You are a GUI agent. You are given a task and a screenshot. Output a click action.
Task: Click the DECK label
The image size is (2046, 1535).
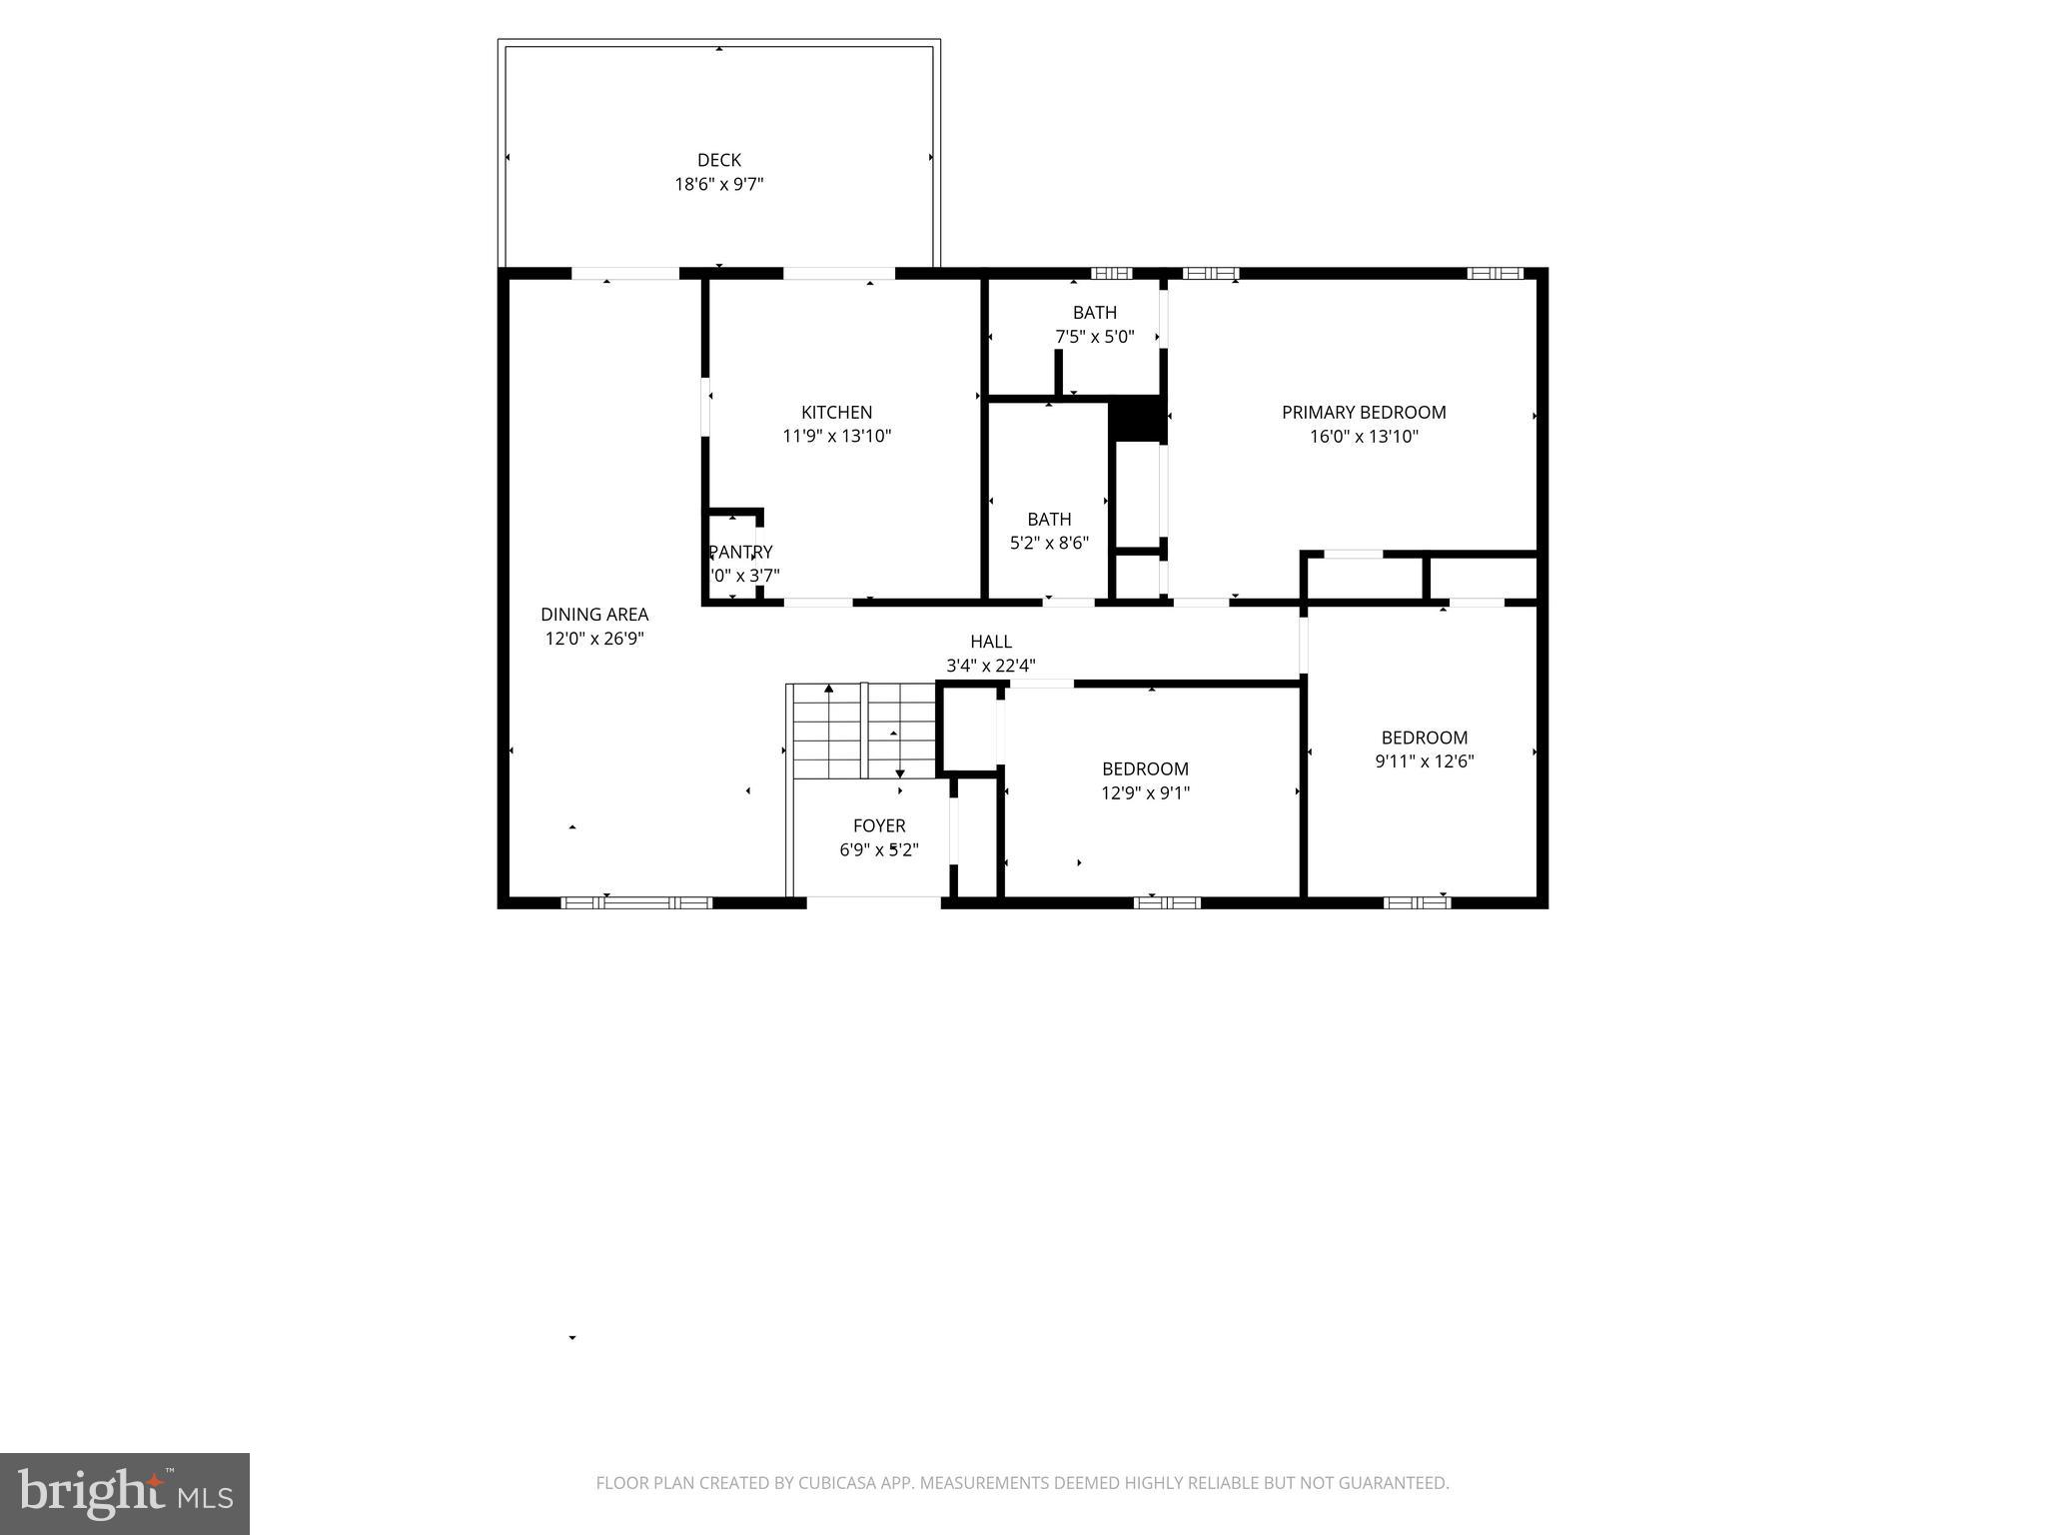[x=718, y=160]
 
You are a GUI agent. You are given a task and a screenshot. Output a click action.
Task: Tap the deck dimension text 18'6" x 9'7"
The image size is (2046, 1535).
[x=718, y=184]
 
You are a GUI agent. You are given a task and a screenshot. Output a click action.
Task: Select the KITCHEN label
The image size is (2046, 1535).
[x=836, y=412]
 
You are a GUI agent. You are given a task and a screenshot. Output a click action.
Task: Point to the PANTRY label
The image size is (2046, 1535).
[x=740, y=552]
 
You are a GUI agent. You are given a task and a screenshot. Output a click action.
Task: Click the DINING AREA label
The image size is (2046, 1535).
[x=594, y=615]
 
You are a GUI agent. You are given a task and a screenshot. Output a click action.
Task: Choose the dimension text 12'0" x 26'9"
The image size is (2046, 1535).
[x=594, y=639]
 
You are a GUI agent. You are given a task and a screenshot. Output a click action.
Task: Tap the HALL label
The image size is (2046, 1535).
[x=990, y=642]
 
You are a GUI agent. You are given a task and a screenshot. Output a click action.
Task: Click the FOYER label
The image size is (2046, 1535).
[x=879, y=825]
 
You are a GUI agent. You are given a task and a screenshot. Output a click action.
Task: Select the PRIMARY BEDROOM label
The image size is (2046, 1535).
[x=1364, y=412]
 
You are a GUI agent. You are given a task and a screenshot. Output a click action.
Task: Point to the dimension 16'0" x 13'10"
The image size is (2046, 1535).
[x=1364, y=436]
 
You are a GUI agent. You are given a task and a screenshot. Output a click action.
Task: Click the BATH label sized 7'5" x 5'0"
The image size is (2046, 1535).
[x=1094, y=313]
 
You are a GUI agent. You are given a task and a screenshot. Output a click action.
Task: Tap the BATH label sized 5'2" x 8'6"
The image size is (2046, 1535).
[x=1049, y=519]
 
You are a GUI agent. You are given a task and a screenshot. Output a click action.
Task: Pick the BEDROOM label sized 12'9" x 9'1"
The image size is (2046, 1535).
[x=1145, y=768]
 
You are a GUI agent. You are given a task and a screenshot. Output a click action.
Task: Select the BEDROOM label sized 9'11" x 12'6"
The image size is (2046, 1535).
[x=1424, y=738]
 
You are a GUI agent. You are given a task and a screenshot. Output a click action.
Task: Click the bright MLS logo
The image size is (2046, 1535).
[x=125, y=1493]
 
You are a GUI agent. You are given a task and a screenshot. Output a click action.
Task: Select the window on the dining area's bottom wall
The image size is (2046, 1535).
[x=636, y=902]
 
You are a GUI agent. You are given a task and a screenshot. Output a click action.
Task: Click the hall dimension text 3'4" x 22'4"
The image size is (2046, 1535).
[x=990, y=666]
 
